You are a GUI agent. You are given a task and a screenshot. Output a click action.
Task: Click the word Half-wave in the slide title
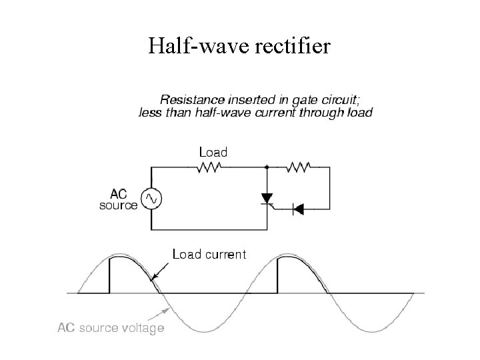189,47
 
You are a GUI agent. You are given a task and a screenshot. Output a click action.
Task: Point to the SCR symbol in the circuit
267,199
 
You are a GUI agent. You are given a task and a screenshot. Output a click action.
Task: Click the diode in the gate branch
297,209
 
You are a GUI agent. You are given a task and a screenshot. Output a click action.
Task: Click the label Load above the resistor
213,152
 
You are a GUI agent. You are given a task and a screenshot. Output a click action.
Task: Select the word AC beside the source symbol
119,194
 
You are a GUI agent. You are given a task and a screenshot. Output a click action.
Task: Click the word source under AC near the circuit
119,205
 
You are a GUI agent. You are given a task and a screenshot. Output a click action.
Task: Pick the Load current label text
209,254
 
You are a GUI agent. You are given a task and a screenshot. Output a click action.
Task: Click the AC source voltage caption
111,329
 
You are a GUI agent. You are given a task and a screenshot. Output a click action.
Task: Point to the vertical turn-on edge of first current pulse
109,275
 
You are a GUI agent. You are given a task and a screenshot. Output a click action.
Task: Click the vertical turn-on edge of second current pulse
277,275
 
